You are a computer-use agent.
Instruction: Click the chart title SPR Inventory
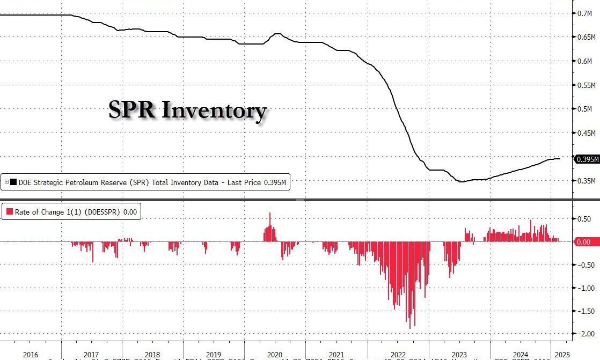click(x=187, y=110)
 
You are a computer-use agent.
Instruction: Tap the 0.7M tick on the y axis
click(x=584, y=13)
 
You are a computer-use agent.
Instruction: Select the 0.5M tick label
click(x=584, y=109)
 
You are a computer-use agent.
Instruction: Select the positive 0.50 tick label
click(x=584, y=219)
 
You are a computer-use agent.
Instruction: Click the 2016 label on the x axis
click(x=31, y=355)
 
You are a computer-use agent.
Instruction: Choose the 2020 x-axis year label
click(x=275, y=355)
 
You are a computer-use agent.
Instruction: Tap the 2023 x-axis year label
click(x=459, y=355)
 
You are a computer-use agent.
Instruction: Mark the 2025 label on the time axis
click(x=562, y=355)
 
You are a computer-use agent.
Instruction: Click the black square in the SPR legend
click(x=13, y=182)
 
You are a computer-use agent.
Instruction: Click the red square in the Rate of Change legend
click(x=9, y=212)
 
